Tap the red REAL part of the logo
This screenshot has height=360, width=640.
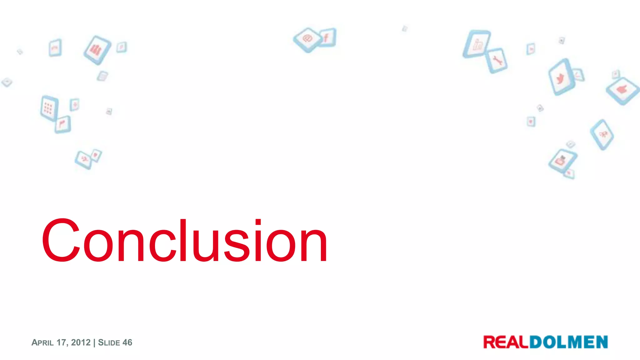pyautogui.click(x=506, y=342)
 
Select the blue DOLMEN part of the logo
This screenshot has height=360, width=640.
pyautogui.click(x=568, y=342)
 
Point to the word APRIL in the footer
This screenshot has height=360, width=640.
pyautogui.click(x=42, y=343)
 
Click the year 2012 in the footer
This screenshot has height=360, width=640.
pyautogui.click(x=81, y=342)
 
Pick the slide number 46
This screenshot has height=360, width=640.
pyautogui.click(x=127, y=342)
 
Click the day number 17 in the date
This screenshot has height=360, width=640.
pyautogui.click(x=61, y=342)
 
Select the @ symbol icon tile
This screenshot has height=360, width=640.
pyautogui.click(x=307, y=39)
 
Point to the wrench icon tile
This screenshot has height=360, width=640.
pyautogui.click(x=497, y=60)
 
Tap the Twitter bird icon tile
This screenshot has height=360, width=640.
pyautogui.click(x=561, y=77)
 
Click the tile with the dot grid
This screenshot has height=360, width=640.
pyautogui.click(x=49, y=108)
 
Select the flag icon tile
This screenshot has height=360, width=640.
pyautogui.click(x=63, y=124)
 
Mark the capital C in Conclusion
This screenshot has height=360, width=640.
pyautogui.click(x=61, y=240)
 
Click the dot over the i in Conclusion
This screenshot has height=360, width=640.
pyautogui.click(x=258, y=222)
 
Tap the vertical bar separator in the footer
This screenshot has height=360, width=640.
pyautogui.click(x=94, y=342)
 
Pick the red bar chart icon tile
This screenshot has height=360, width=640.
pyautogui.click(x=97, y=50)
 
